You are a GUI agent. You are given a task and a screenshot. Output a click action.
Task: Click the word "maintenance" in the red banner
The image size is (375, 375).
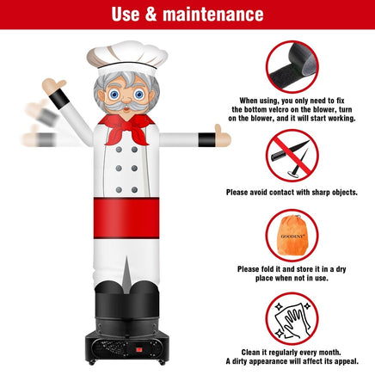[213, 14]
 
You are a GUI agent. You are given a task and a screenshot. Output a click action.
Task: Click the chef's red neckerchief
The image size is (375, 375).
[126, 129]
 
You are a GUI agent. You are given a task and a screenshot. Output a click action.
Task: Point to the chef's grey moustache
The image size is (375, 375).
[126, 107]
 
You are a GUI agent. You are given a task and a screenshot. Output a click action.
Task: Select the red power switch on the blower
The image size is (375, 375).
[139, 350]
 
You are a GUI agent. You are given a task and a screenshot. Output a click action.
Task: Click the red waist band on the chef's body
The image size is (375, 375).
[126, 218]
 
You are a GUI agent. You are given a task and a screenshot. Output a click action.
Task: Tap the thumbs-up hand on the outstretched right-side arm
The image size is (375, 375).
[223, 137]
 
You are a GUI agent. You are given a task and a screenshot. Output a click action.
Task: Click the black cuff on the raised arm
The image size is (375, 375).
[59, 99]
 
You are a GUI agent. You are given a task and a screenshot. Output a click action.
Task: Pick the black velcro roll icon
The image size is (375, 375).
[292, 67]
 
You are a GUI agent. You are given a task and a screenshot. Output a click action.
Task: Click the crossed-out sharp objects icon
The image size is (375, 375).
[292, 156]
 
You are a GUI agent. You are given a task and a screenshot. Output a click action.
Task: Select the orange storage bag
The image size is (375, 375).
[292, 235]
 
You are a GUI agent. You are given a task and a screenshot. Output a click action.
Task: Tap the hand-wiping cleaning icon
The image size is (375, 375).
[292, 318]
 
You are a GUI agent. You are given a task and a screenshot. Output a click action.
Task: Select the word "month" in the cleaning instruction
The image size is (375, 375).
[329, 352]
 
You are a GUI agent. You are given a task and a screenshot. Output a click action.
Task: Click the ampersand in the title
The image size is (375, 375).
[151, 14]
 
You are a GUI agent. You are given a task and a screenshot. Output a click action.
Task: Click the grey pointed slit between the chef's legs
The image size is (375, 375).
[126, 274]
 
